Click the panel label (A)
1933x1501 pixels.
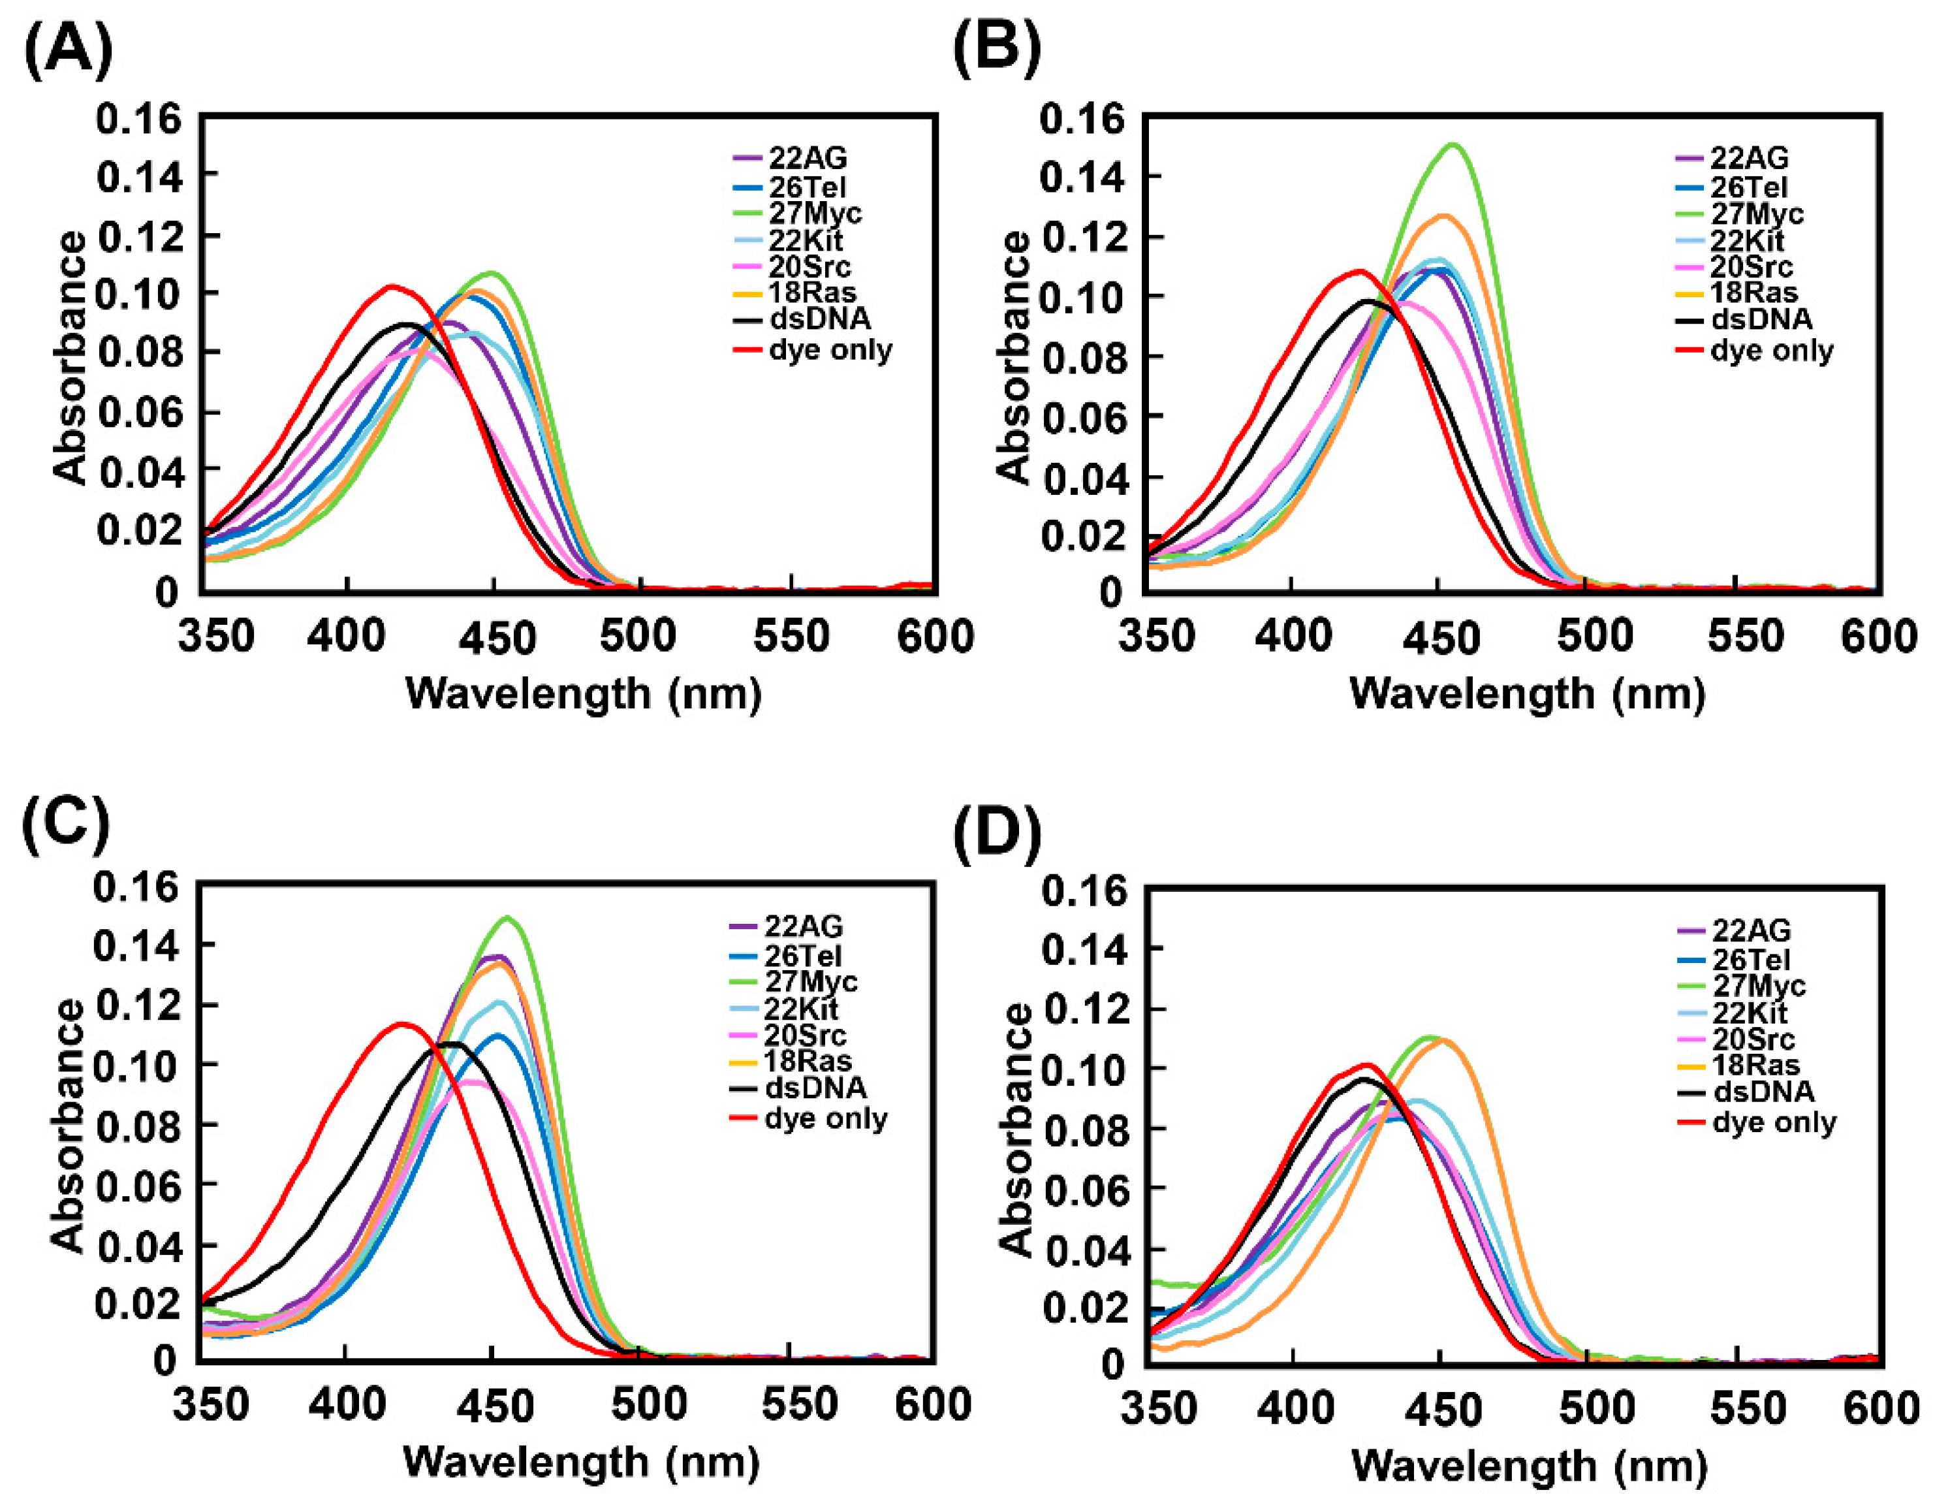tap(67, 50)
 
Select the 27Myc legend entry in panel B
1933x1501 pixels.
tap(1756, 214)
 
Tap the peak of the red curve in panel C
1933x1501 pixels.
tap(403, 1024)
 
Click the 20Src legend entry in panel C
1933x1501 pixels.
tap(804, 1035)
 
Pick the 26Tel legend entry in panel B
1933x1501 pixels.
tap(1748, 187)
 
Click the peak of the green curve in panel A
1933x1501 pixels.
tap(492, 273)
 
